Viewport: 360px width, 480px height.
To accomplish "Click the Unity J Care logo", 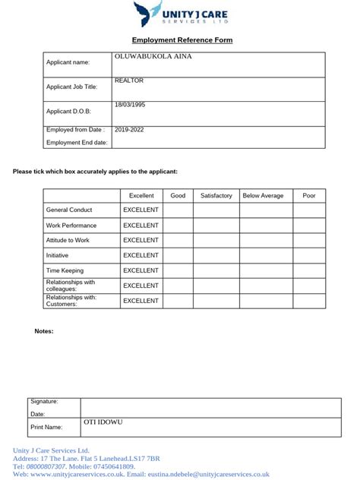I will (181, 15).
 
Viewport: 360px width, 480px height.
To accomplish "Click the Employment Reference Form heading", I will (182, 40).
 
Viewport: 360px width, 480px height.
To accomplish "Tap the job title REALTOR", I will (129, 81).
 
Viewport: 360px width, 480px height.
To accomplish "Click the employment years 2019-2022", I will (129, 130).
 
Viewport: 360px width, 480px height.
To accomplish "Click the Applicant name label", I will (68, 62).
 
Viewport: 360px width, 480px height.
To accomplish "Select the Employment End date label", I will (77, 143).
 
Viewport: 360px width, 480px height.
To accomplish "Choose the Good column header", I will (178, 196).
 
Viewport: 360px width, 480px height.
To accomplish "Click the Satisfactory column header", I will (216, 196).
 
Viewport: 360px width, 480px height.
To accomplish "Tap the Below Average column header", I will (263, 196).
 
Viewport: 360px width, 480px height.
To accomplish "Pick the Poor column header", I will (309, 196).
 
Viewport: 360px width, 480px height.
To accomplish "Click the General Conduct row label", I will (69, 210).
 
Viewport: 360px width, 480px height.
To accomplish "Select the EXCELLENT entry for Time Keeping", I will (141, 270).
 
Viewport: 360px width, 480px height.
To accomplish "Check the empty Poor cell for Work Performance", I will (309, 226).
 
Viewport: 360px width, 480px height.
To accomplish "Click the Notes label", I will (44, 331).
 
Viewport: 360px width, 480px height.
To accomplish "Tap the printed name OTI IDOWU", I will (103, 422).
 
